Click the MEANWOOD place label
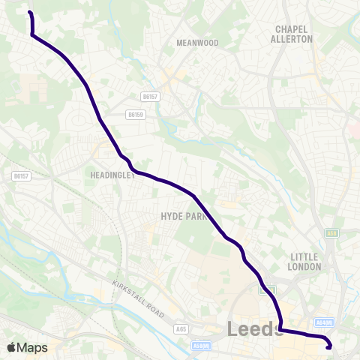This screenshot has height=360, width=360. click(x=197, y=43)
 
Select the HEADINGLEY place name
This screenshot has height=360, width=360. click(x=113, y=175)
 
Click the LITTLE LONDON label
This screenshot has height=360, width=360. click(x=305, y=262)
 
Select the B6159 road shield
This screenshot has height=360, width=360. click(x=136, y=115)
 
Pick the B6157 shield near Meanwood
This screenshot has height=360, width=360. click(x=151, y=96)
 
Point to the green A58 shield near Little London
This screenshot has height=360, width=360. click(x=331, y=233)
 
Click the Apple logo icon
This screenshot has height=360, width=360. click(x=11, y=347)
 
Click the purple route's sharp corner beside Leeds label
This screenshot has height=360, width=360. click(x=280, y=328)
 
